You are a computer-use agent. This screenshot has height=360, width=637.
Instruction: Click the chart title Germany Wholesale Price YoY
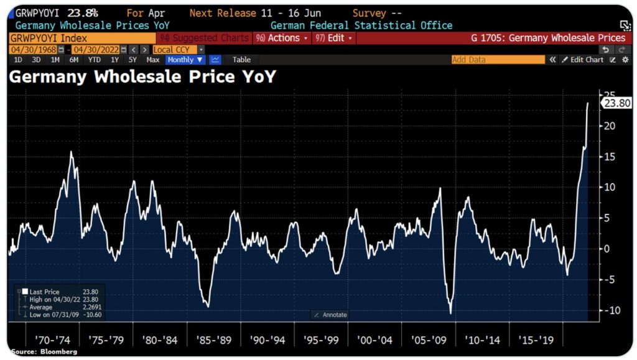click(x=142, y=77)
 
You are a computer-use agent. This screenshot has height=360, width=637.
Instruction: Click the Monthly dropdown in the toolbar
click(x=185, y=60)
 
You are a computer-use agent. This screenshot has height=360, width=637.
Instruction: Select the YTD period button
click(x=95, y=60)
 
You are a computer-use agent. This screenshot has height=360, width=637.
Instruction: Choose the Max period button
click(x=153, y=60)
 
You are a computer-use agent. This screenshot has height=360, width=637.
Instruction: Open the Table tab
click(x=241, y=60)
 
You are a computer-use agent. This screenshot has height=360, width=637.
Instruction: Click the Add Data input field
click(x=497, y=60)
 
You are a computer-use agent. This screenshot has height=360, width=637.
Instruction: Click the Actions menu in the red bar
click(x=281, y=38)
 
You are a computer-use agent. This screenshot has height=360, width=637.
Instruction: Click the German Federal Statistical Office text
click(x=361, y=25)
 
